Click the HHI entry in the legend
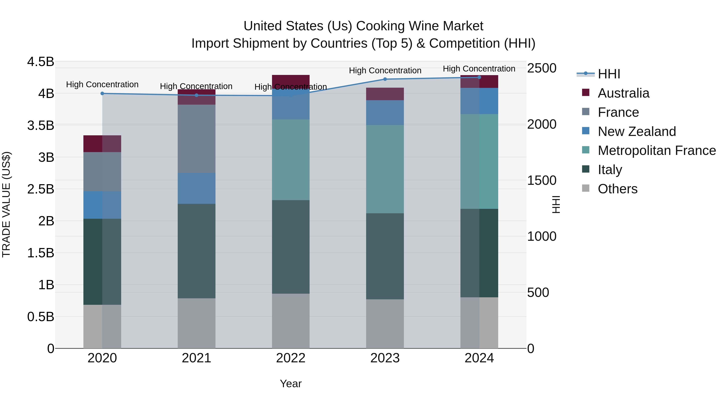coord(608,74)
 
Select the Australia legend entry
coord(623,93)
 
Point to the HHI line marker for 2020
coord(102,94)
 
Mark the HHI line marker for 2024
coord(479,77)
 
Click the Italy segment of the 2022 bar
coord(291,247)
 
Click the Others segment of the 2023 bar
coord(385,324)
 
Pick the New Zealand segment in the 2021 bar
coord(196,188)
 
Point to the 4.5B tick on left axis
coord(40,62)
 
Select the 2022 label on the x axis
coord(291,358)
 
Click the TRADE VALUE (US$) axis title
coord(6,204)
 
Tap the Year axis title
coord(291,384)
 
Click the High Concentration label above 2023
coord(385,70)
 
